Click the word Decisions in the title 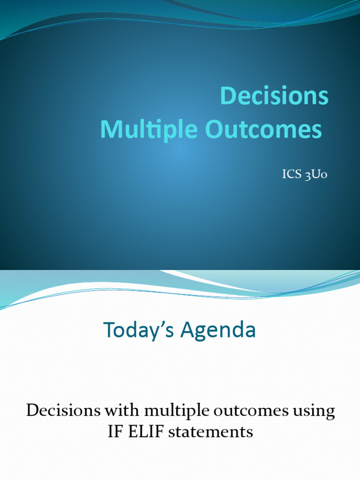(274, 96)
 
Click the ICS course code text (290, 175)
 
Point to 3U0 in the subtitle (315, 175)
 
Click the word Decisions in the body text (63, 411)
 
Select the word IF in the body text (115, 431)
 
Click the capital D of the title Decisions (226, 96)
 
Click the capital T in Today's (110, 330)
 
